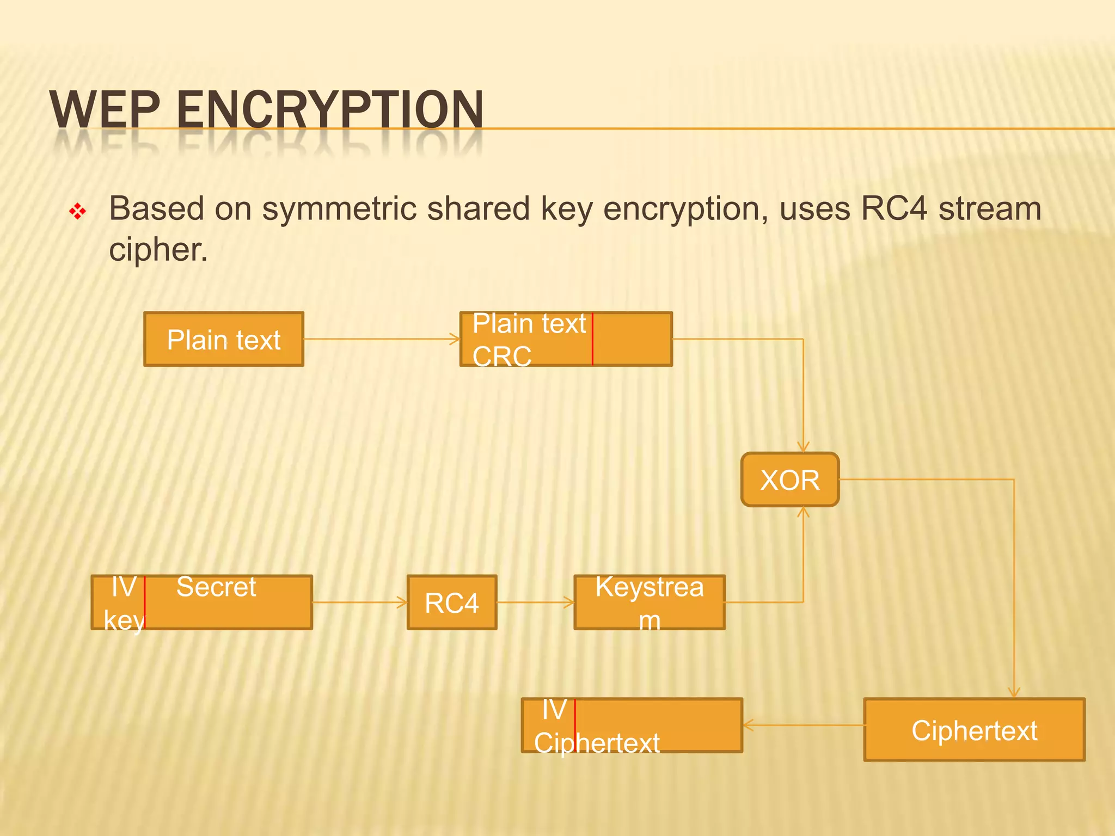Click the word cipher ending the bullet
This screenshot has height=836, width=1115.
[x=158, y=250]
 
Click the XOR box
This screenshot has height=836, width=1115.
[x=789, y=480]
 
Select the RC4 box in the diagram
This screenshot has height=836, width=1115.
[x=451, y=603]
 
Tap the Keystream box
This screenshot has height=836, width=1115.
[x=649, y=603]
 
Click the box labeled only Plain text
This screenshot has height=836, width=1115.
[x=223, y=340]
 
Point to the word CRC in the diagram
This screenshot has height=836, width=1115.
[x=501, y=357]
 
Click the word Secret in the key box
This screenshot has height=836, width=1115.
[x=216, y=587]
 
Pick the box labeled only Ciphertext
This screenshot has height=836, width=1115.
[x=974, y=730]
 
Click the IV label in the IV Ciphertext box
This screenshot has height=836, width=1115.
[x=554, y=710]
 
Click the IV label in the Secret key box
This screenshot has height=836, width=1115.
[x=124, y=587]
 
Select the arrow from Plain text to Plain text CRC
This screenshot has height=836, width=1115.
[x=381, y=339]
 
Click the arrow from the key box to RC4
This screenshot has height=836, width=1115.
[x=359, y=602]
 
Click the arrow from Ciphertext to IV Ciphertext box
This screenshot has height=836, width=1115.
[x=803, y=725]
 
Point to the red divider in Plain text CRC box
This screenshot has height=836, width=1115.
[x=592, y=339]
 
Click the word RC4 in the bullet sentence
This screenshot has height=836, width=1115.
[x=893, y=209]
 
